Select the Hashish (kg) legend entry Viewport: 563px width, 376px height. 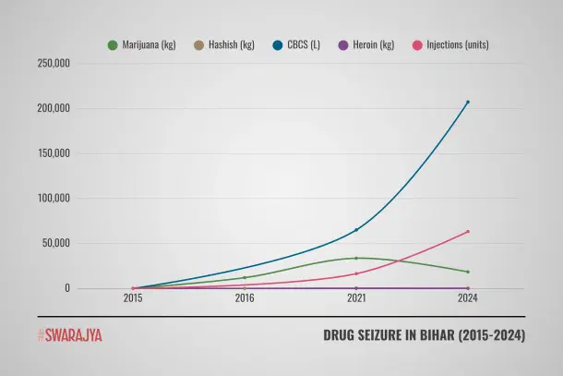click(224, 44)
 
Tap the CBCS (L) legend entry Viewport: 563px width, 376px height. click(297, 44)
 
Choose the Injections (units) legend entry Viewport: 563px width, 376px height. click(450, 44)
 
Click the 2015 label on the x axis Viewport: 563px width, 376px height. click(134, 298)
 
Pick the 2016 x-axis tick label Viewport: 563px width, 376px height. click(245, 298)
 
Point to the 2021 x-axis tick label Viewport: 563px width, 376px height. click(356, 298)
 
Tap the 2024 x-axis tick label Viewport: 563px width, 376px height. click(467, 298)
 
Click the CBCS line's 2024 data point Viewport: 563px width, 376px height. click(468, 102)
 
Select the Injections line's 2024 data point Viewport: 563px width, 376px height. click(468, 231)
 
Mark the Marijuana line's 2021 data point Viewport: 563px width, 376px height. click(356, 258)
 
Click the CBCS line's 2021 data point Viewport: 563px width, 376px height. click(356, 230)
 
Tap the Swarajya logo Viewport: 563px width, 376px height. click(70, 335)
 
